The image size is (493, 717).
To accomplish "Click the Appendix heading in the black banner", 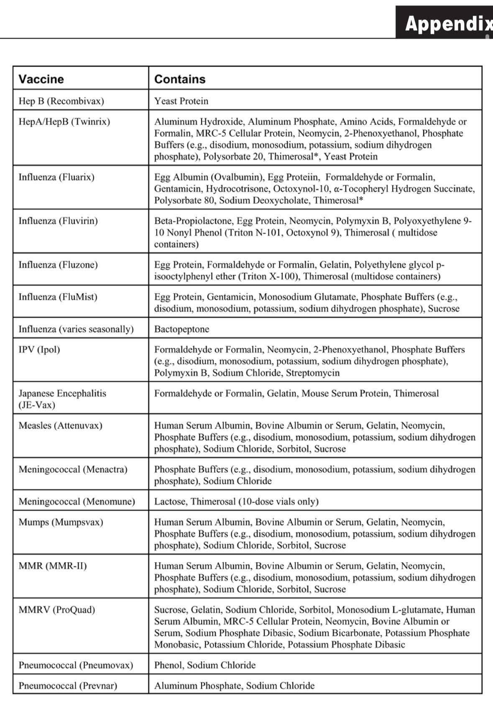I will pyautogui.click(x=447, y=23).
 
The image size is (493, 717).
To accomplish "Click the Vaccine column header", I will pyautogui.click(x=41, y=79).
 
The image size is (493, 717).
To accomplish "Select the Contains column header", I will pyautogui.click(x=180, y=79).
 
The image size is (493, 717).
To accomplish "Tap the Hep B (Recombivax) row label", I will pyautogui.click(x=61, y=101).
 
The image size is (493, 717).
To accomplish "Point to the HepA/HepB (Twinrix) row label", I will pyautogui.click(x=64, y=122).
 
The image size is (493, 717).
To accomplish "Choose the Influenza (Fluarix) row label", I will pyautogui.click(x=56, y=177).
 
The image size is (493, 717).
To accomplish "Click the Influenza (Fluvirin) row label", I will pyautogui.click(x=58, y=221).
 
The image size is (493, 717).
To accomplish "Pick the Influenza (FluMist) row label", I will pyautogui.click(x=58, y=297).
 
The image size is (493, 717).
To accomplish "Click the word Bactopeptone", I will pyautogui.click(x=181, y=329).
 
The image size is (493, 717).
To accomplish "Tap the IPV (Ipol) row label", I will pyautogui.click(x=39, y=350).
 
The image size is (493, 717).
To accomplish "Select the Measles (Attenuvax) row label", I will pyautogui.click(x=60, y=426).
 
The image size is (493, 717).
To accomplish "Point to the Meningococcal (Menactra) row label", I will pyautogui.click(x=73, y=469).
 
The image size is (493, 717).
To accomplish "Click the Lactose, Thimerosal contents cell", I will pyautogui.click(x=236, y=501).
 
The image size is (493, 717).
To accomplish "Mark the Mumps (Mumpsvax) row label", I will pyautogui.click(x=61, y=522).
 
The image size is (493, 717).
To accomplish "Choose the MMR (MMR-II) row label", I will pyautogui.click(x=53, y=566).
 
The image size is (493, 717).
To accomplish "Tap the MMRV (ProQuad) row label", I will pyautogui.click(x=57, y=610).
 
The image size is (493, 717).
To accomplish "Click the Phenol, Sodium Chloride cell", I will pyautogui.click(x=205, y=665).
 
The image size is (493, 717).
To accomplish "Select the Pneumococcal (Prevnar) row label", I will pyautogui.click(x=68, y=686).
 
